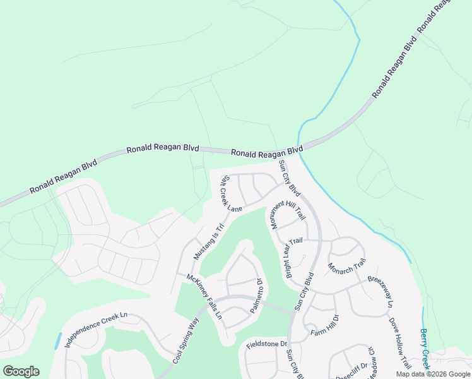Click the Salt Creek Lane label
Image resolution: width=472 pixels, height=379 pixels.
[230, 195]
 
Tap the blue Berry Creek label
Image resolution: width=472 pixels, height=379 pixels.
[425, 349]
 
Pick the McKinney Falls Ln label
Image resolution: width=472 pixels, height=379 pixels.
[204, 296]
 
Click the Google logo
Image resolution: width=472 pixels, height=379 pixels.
[21, 371]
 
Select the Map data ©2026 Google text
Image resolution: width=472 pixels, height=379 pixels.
[433, 374]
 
